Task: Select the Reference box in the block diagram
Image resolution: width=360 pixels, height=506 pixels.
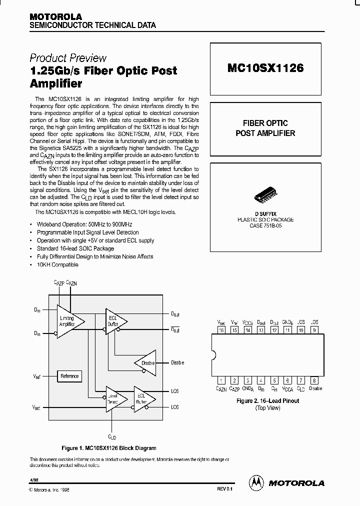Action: [x=69, y=376]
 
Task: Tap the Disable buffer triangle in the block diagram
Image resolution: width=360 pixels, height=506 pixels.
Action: [x=145, y=363]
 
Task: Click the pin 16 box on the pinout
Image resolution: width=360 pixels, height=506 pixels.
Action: [x=221, y=330]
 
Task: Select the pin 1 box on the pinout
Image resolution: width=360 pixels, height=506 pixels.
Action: [x=221, y=380]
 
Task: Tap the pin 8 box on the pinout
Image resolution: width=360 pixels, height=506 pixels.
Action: [x=314, y=380]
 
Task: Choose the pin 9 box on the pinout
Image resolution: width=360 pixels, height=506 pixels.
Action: [x=314, y=330]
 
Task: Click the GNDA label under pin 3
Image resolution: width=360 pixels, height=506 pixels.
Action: [x=248, y=388]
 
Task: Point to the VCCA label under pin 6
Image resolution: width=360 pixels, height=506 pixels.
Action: [x=287, y=388]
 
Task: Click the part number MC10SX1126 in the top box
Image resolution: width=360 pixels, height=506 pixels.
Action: [x=265, y=68]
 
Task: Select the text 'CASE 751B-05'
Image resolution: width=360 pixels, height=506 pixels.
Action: [x=265, y=225]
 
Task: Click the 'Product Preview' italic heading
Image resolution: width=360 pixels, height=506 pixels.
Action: [x=68, y=58]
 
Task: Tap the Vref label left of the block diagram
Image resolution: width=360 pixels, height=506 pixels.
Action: [x=36, y=376]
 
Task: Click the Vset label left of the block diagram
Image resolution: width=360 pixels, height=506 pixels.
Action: [x=36, y=407]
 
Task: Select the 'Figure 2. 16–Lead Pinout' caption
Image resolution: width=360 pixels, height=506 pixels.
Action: [x=267, y=401]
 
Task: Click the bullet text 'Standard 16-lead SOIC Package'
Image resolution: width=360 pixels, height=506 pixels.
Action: [x=75, y=248]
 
